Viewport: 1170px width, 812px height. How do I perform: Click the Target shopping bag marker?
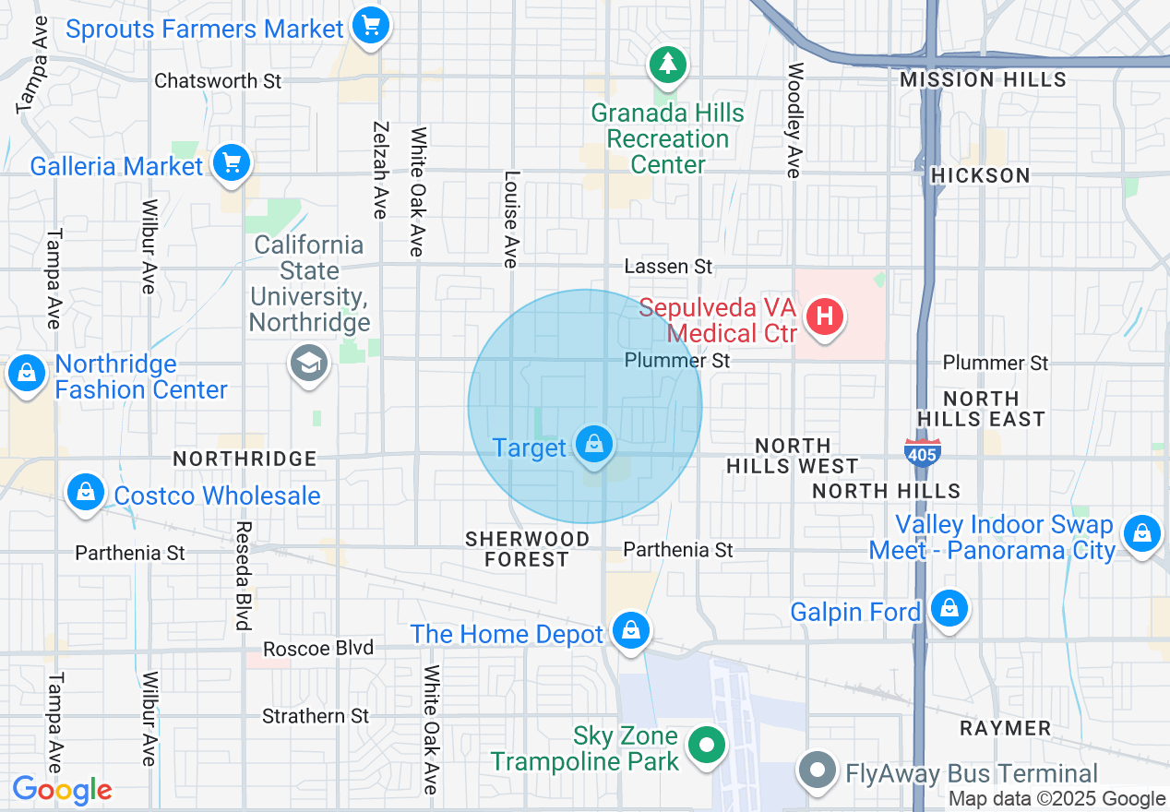(x=595, y=446)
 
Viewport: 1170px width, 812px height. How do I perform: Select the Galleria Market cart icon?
(x=231, y=164)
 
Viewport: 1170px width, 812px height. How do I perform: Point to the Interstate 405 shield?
(x=922, y=451)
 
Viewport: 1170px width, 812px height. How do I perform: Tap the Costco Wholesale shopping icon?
(x=86, y=493)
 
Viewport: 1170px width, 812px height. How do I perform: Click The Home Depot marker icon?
(x=631, y=631)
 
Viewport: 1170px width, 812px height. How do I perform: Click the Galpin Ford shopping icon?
(x=948, y=608)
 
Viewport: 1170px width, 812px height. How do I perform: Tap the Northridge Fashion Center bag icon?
(x=27, y=374)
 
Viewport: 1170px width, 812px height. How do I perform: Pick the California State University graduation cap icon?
(x=309, y=364)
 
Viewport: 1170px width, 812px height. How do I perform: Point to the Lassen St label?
(x=668, y=267)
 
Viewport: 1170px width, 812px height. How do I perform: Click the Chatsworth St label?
(x=218, y=81)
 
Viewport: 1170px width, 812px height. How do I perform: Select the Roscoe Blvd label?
(x=318, y=649)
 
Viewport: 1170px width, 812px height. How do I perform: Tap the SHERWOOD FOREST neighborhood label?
(x=527, y=549)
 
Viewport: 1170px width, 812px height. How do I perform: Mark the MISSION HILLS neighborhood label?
(x=983, y=80)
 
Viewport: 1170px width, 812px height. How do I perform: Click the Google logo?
(x=62, y=790)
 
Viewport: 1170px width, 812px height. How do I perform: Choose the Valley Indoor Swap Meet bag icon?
(x=1142, y=532)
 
